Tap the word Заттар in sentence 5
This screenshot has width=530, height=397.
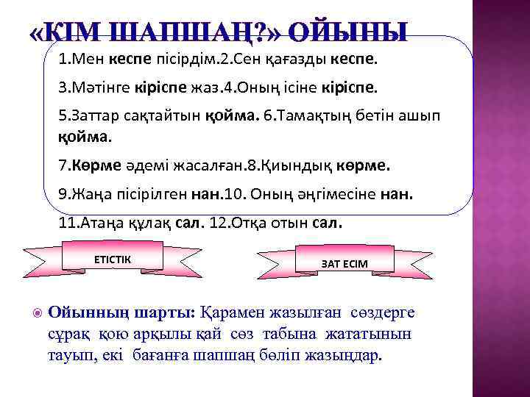[x=99, y=116]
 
